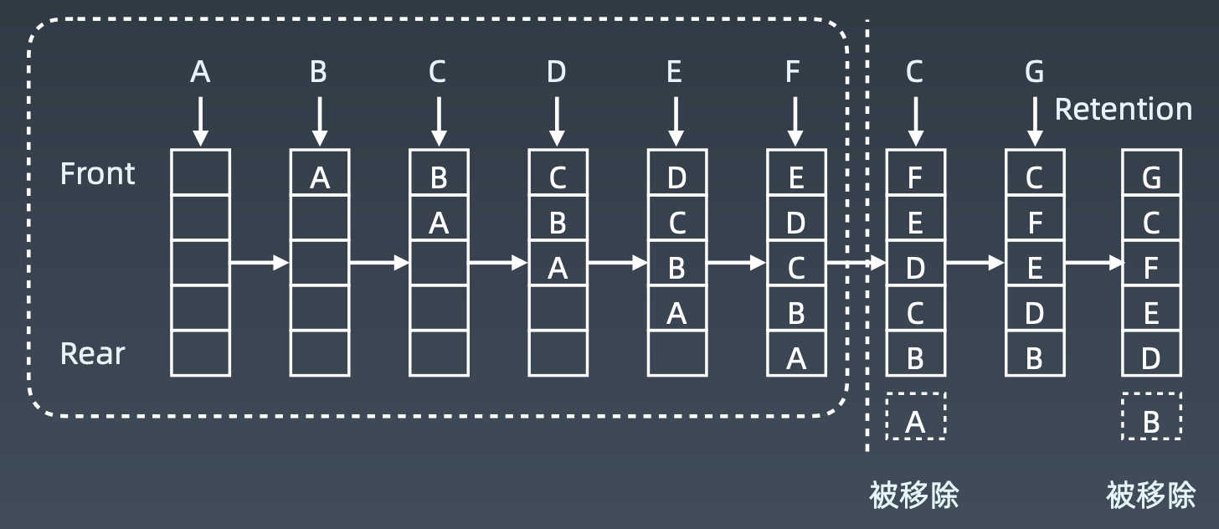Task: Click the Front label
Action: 98,173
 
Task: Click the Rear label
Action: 92,353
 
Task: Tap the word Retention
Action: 1123,109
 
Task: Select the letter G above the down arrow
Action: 1035,73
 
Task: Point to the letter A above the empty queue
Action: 200,73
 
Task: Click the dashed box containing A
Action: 915,416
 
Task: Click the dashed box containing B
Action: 1152,416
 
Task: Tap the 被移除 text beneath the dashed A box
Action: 914,496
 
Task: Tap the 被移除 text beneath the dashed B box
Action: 1151,496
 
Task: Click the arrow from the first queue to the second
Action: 260,263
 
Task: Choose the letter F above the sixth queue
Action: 794,73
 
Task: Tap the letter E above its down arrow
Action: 675,73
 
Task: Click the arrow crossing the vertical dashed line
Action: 856,263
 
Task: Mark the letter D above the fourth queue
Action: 557,73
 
